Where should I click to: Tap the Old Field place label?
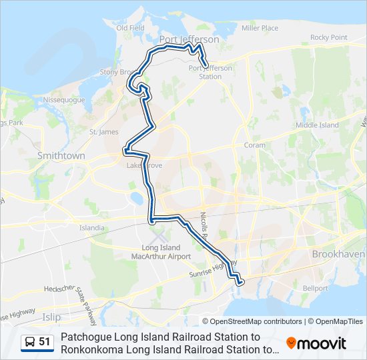pyautogui.click(x=130, y=28)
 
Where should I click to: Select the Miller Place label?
pyautogui.click(x=260, y=28)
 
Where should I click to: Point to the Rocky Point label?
pyautogui.click(x=329, y=37)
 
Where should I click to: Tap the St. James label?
pyautogui.click(x=103, y=132)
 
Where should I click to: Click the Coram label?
pyautogui.click(x=254, y=145)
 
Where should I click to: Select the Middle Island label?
pyautogui.click(x=317, y=125)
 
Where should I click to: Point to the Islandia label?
pyautogui.click(x=92, y=227)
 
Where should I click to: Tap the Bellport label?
pyautogui.click(x=316, y=288)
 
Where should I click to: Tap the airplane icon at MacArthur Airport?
pyautogui.click(x=158, y=236)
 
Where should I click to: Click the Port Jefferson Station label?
pyautogui.click(x=206, y=72)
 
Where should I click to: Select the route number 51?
pyautogui.click(x=45, y=342)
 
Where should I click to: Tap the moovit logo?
pyautogui.click(x=316, y=343)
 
